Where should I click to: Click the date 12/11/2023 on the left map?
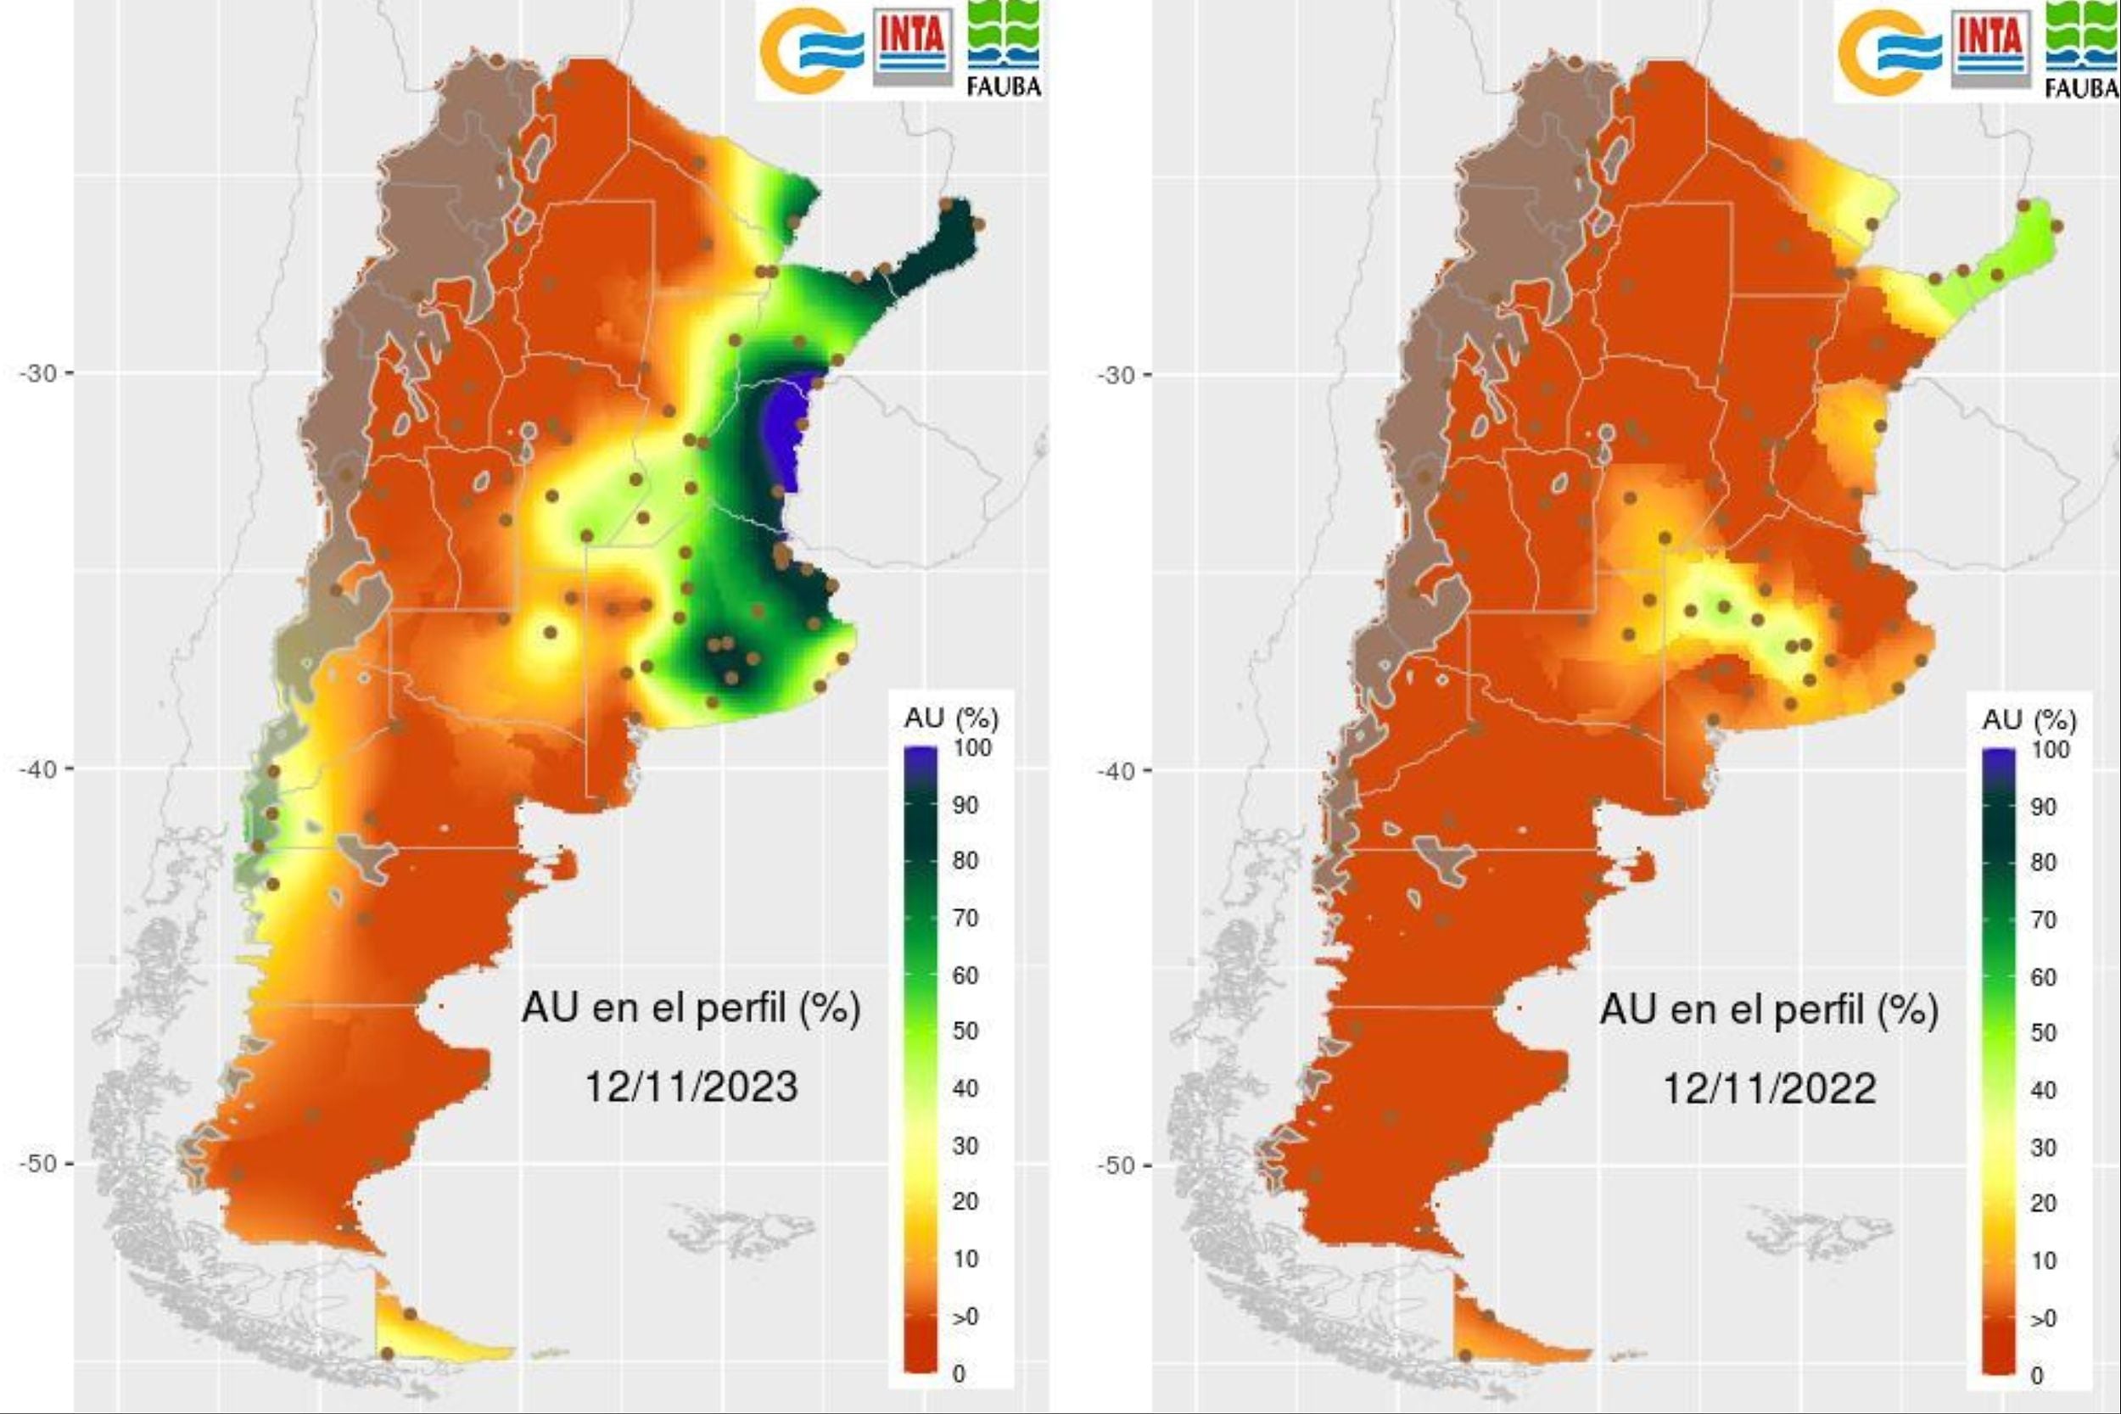[691, 1086]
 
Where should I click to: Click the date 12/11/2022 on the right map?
[1769, 1087]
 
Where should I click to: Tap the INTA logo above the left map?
[912, 47]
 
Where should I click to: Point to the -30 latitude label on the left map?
[38, 373]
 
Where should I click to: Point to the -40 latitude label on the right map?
[1116, 771]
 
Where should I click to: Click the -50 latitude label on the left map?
[38, 1163]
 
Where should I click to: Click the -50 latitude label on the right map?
[1116, 1165]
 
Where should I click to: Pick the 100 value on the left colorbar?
[972, 747]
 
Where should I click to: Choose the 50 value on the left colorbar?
[965, 1031]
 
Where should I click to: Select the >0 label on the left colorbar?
[965, 1316]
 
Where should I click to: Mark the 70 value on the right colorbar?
[2044, 919]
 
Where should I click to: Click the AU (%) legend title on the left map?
[951, 718]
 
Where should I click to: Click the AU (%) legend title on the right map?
[2029, 719]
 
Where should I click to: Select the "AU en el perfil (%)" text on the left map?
[691, 1008]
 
